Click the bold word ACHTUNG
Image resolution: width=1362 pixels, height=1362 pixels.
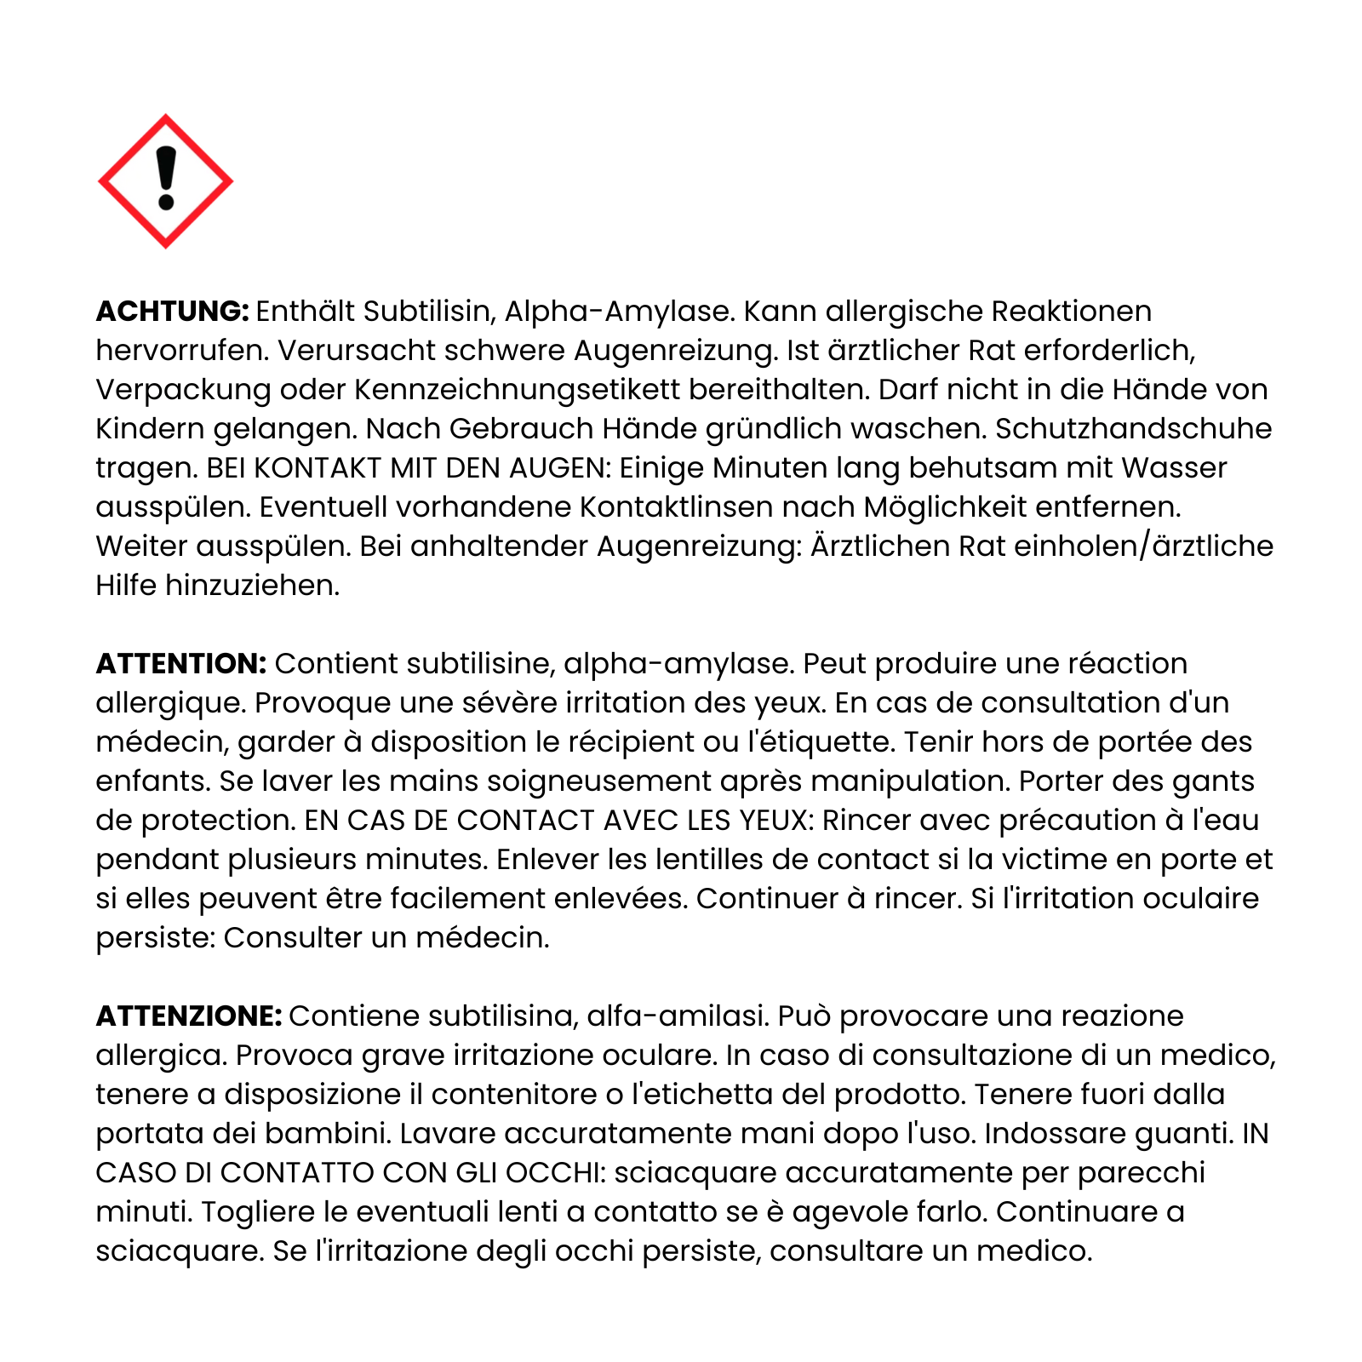(172, 312)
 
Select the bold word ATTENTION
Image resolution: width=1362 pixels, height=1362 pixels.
(181, 664)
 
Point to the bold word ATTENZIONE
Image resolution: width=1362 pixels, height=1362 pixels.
(188, 1016)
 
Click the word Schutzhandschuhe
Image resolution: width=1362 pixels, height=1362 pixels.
(1133, 429)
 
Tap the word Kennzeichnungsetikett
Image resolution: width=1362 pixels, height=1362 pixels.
(518, 390)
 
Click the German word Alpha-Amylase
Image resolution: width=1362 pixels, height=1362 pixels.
(619, 312)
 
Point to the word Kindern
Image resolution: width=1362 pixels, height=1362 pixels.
(150, 429)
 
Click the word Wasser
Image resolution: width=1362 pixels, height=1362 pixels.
(1174, 468)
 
